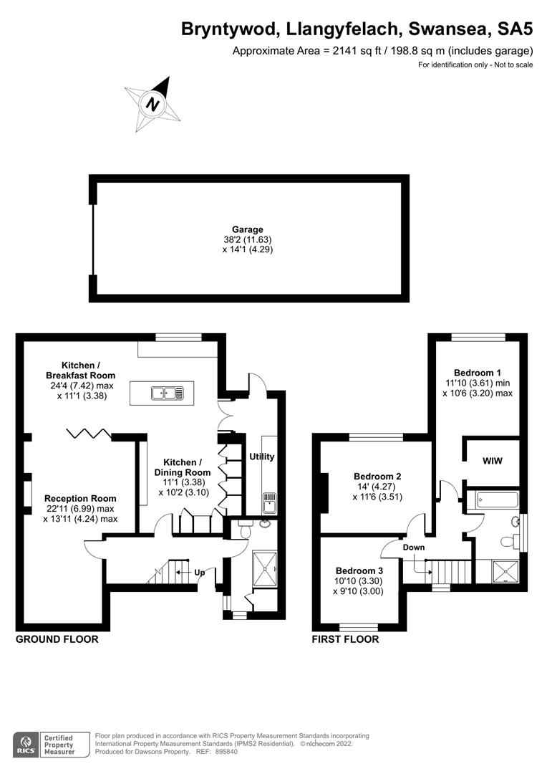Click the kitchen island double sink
[x=168, y=393]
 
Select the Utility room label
[x=262, y=457]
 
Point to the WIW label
[x=491, y=461]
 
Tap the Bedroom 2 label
[x=377, y=477]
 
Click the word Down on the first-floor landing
[x=414, y=548]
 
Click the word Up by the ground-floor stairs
[x=200, y=573]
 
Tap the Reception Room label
[x=80, y=498]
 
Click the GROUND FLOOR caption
[x=57, y=639]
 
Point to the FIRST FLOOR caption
[x=345, y=639]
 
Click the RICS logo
[x=28, y=743]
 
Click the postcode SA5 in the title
[x=513, y=29]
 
